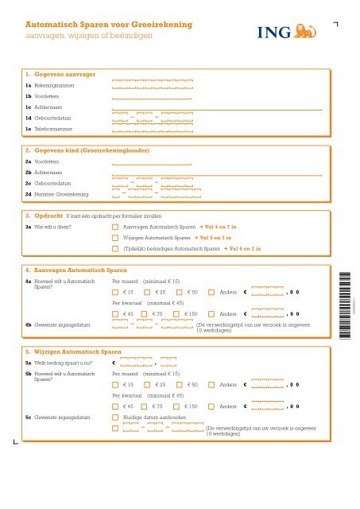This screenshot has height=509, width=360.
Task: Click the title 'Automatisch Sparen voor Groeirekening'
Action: click(x=109, y=25)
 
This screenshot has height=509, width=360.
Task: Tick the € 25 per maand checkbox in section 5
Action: click(x=148, y=385)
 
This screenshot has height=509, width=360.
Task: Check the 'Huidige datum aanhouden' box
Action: click(x=116, y=417)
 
